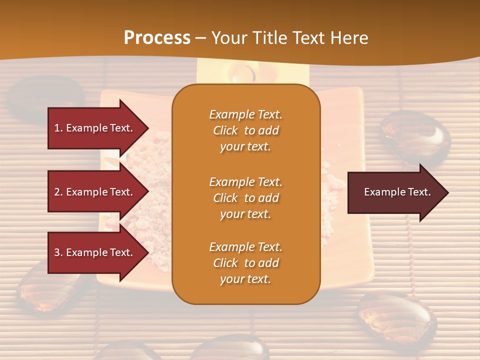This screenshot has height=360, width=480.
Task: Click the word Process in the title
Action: pyautogui.click(x=157, y=37)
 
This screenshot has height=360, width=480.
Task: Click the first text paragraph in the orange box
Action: pyautogui.click(x=245, y=130)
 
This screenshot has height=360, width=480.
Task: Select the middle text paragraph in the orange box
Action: pyautogui.click(x=245, y=198)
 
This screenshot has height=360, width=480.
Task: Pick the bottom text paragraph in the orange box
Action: pyautogui.click(x=245, y=263)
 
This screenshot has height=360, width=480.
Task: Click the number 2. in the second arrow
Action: pyautogui.click(x=58, y=192)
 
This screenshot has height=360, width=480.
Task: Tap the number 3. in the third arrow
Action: pyautogui.click(x=58, y=252)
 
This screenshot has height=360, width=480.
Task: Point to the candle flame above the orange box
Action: pyautogui.click(x=244, y=73)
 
